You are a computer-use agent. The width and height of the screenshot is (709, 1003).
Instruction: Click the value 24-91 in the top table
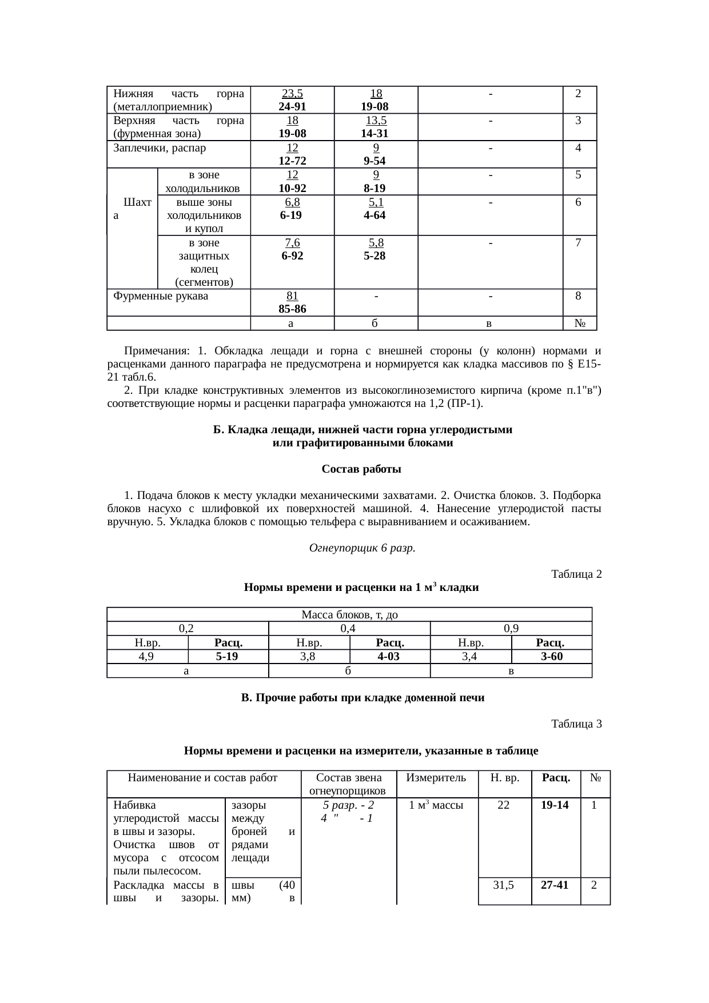(x=292, y=106)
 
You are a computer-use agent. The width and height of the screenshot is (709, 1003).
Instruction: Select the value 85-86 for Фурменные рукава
(x=292, y=309)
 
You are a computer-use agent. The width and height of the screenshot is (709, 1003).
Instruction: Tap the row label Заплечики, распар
(x=160, y=148)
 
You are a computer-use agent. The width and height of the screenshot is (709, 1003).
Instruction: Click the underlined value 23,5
(x=293, y=93)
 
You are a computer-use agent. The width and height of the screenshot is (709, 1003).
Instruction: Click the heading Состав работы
(x=361, y=469)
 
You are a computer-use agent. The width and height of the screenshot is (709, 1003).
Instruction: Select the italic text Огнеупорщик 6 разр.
(x=362, y=548)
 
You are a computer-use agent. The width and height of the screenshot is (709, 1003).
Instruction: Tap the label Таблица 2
(x=576, y=574)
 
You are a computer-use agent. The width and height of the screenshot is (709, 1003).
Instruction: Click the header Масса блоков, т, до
(x=349, y=615)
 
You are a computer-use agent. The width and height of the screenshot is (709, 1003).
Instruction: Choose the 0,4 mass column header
(x=349, y=629)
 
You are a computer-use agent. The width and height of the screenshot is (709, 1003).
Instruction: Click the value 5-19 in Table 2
(x=228, y=656)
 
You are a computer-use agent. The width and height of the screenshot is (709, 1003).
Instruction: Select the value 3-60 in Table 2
(x=551, y=656)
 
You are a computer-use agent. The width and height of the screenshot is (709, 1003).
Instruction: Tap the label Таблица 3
(x=576, y=724)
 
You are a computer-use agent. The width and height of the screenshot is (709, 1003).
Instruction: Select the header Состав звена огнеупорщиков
(x=349, y=784)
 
